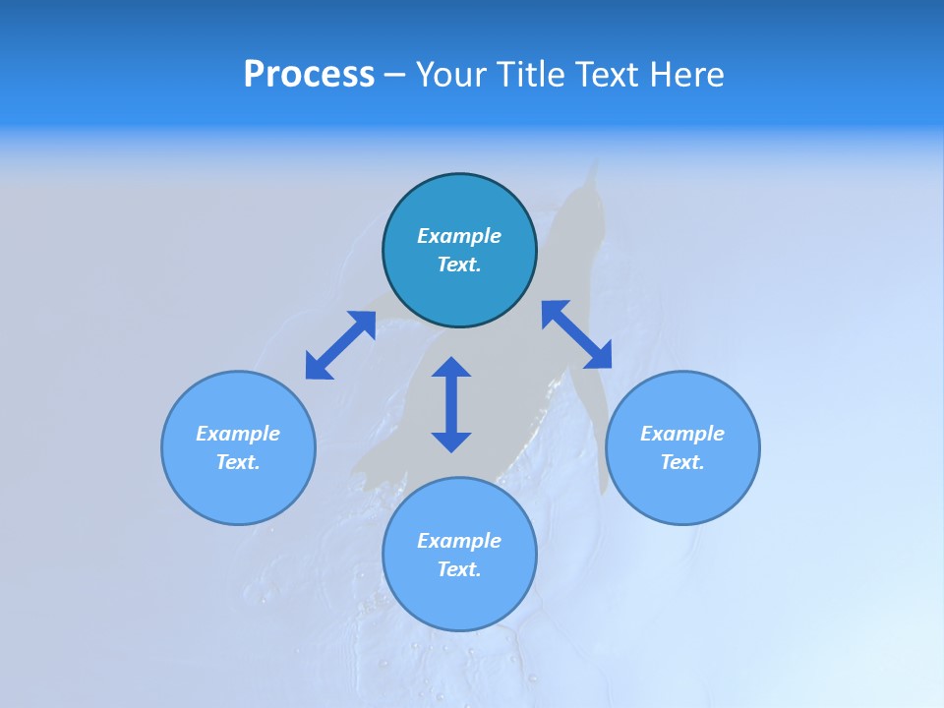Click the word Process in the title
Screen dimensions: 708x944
[309, 75]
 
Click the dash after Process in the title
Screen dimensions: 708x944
[395, 76]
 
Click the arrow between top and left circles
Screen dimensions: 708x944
[340, 345]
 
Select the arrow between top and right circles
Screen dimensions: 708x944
[576, 334]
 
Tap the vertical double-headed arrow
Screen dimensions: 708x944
[451, 404]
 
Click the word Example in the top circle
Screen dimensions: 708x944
[459, 236]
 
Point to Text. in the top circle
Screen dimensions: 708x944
[459, 265]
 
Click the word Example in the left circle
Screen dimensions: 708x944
[238, 434]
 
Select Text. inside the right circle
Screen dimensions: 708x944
[682, 462]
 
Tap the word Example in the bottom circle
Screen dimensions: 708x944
[459, 541]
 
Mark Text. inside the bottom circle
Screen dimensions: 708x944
[459, 569]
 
